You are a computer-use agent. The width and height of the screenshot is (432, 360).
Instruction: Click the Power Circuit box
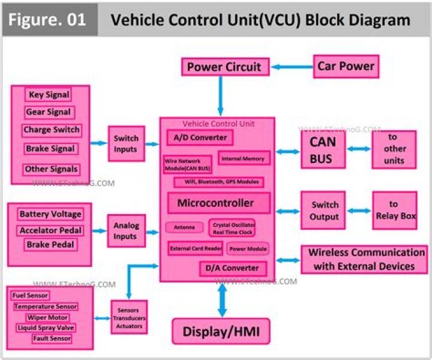coord(224,67)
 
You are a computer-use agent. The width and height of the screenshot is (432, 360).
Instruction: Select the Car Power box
coord(346,66)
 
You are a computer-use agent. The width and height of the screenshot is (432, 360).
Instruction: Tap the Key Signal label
coord(49,95)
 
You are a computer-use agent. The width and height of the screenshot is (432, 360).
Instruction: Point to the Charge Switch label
coord(51,130)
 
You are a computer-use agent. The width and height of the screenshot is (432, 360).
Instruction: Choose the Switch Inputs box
coord(126,143)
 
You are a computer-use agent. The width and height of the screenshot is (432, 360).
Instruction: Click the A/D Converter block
coord(200,138)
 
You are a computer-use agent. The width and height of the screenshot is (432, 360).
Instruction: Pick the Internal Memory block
coord(244,158)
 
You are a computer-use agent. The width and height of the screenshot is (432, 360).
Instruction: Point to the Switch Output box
coord(324,211)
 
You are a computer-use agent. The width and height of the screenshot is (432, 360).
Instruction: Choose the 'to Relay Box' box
coord(394,210)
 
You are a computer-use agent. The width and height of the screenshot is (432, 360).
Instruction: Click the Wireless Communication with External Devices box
coord(365,259)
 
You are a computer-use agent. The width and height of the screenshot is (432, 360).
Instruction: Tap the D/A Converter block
coord(232,268)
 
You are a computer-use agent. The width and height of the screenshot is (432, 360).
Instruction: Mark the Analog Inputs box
coord(125,231)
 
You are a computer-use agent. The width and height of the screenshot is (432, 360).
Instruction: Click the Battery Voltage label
coord(50,214)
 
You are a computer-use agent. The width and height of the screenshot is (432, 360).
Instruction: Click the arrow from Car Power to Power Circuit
coord(292,66)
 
